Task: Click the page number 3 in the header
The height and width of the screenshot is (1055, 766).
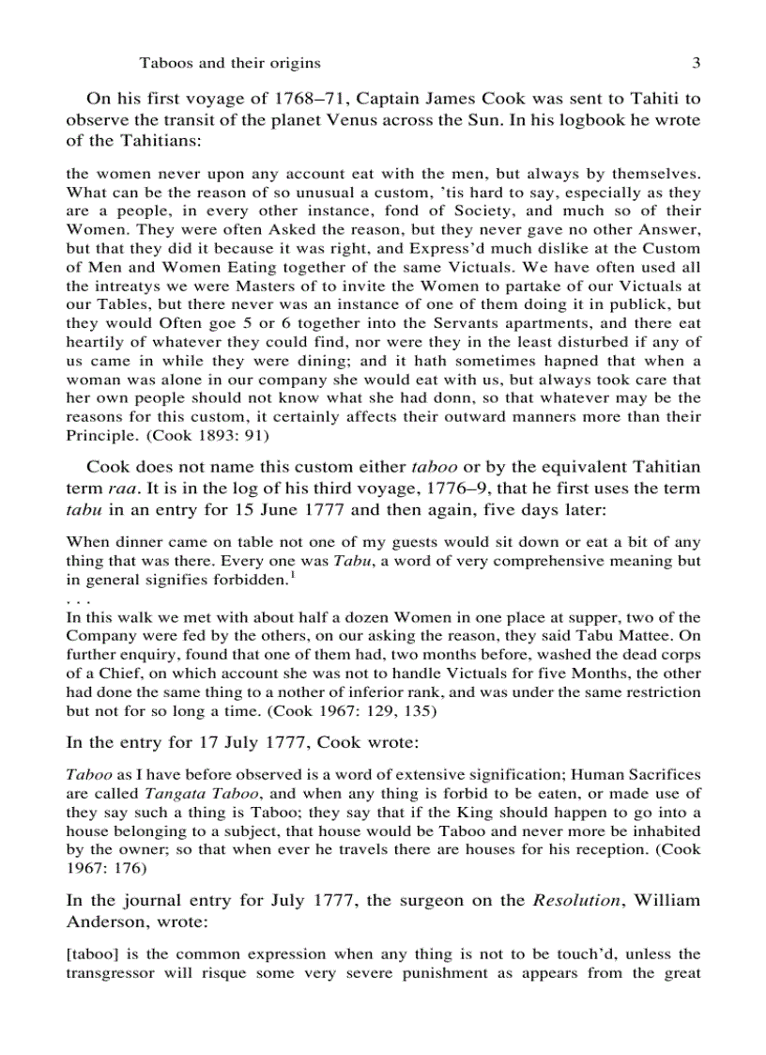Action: click(696, 63)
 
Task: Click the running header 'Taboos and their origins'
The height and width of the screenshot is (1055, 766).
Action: click(230, 63)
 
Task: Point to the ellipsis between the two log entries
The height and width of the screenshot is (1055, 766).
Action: click(76, 598)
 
